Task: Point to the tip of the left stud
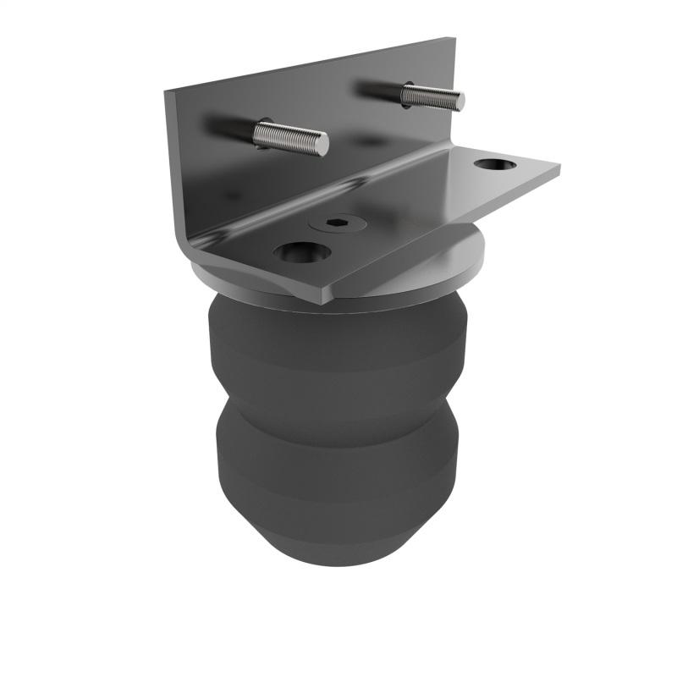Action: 323,146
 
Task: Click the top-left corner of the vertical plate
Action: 168,91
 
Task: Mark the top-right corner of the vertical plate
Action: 454,40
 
